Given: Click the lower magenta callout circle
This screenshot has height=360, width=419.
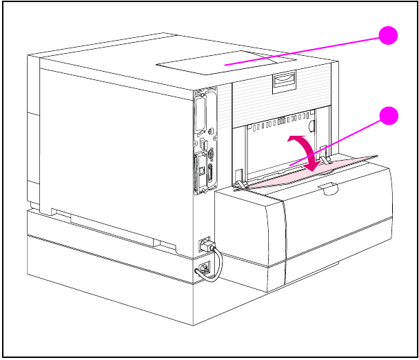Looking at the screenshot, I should click(x=389, y=115).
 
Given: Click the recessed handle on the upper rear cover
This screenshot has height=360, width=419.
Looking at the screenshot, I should click(x=284, y=82).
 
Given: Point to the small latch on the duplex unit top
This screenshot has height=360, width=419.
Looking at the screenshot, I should click(x=329, y=186).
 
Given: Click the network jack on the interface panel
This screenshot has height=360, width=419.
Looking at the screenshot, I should click(x=201, y=166).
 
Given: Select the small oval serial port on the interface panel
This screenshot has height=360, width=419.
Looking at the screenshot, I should click(x=211, y=155).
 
